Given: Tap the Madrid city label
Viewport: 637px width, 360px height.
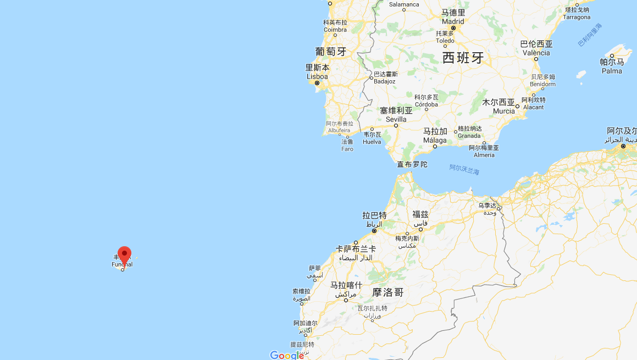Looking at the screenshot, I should point(453,21).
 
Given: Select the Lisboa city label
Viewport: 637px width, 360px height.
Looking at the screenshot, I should point(317,76).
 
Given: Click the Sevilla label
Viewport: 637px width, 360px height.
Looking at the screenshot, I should point(396,119).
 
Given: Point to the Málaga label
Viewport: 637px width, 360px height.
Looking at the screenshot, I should point(435,141).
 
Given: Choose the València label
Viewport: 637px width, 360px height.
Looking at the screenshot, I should point(536,53).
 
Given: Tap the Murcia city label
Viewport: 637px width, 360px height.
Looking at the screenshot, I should point(503,111).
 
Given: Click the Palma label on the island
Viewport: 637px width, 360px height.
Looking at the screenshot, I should point(612,71).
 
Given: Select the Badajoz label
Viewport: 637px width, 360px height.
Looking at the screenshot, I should point(384,81).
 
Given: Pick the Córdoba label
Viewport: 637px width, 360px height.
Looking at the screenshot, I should point(426,104).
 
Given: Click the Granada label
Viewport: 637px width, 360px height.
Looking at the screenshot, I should point(469,135).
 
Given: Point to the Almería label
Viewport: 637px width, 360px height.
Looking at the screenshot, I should point(484,155).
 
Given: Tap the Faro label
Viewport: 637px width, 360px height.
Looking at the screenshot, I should point(347,149).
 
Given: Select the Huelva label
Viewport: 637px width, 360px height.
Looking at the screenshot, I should point(372,142).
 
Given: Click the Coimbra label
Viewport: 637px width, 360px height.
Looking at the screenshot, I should point(335,30).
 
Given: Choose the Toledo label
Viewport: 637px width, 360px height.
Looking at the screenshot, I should point(445,41).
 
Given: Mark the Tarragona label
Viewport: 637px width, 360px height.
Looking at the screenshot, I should point(577,17).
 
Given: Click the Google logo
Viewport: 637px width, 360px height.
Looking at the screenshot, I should point(287,355).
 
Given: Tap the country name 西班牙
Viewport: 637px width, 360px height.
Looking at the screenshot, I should point(463,58).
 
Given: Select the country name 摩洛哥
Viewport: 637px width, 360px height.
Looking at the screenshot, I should point(388,292).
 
